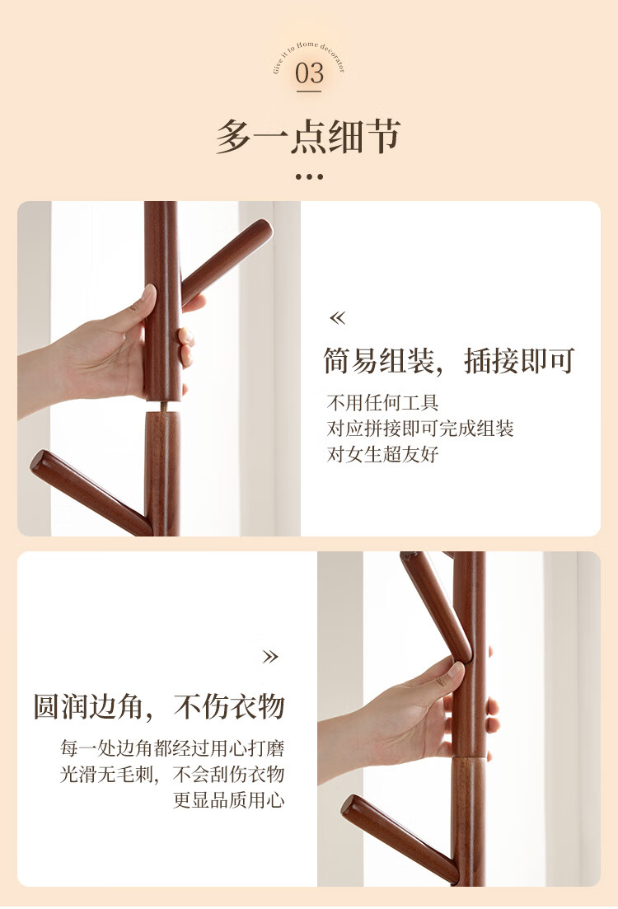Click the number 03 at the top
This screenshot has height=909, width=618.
pos(309,73)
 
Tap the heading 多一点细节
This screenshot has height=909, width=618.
pos(308,137)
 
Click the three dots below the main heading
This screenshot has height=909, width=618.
pos(309,177)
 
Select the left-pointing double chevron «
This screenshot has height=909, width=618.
pos(337,317)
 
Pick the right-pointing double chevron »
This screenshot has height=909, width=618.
pos(270,657)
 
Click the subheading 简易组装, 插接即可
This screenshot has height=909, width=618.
pos(449,361)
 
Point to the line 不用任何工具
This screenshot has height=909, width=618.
pos(382,402)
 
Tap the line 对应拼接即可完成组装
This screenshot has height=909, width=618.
pos(420,429)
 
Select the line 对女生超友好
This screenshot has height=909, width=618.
pos(382,455)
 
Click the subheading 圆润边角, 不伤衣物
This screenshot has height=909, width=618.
pos(159,706)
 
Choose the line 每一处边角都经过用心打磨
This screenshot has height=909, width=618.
pos(172,748)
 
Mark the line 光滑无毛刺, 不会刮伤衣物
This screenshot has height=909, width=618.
pos(172,775)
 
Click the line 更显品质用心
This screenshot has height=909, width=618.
pos(229,800)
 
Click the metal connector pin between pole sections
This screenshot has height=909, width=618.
pos(165,405)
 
